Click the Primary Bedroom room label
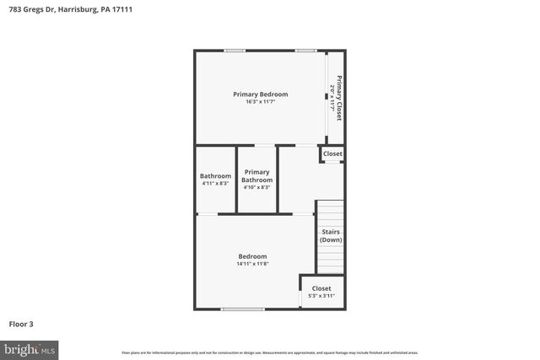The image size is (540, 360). click(x=261, y=94)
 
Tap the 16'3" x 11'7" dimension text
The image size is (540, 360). click(x=261, y=102)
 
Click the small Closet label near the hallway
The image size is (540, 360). click(x=332, y=154)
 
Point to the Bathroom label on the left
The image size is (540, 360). click(x=215, y=175)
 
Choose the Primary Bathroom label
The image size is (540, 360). click(x=257, y=175)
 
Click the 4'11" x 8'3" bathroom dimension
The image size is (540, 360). click(x=215, y=183)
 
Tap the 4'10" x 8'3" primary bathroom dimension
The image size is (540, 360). click(x=257, y=187)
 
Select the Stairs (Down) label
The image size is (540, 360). click(x=331, y=235)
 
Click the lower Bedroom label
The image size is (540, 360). click(x=252, y=256)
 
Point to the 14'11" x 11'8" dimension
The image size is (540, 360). click(x=252, y=264)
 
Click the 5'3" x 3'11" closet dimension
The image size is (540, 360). click(x=321, y=296)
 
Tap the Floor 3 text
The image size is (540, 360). click(x=21, y=323)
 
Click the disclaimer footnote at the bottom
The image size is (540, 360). click(x=270, y=352)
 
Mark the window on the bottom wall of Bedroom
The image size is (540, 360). click(x=242, y=309)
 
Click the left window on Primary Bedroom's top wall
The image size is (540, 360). click(x=235, y=51)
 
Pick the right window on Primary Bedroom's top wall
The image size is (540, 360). click(x=306, y=51)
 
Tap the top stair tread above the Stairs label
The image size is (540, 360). click(x=330, y=203)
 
